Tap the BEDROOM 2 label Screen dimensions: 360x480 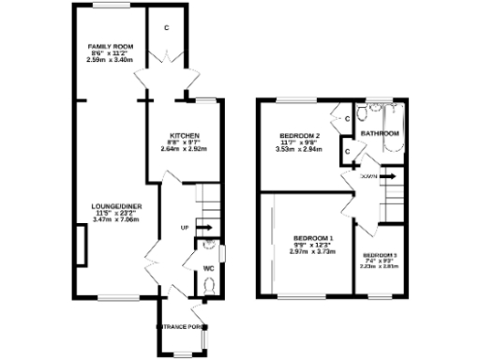coord(299,135)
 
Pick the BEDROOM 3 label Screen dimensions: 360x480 coord(380,255)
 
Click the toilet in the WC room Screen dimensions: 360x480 coord(208,285)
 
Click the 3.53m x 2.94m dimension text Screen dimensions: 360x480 coord(299,148)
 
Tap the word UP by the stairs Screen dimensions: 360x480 coord(185,227)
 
